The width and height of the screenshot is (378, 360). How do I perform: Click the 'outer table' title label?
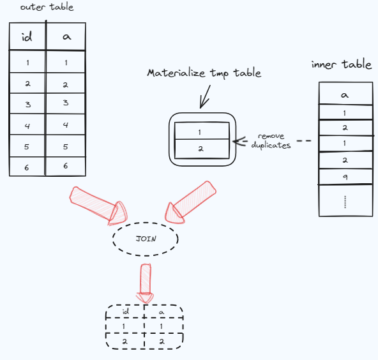47,7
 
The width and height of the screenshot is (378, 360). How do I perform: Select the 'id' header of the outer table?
27,38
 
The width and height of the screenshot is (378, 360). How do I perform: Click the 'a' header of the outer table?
66,38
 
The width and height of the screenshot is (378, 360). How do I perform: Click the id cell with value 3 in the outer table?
27,103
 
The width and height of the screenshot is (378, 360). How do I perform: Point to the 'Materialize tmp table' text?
204,73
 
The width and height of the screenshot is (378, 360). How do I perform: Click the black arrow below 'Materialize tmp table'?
206,98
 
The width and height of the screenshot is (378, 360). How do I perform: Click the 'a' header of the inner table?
344,95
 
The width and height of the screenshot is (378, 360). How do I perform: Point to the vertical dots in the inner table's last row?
344,202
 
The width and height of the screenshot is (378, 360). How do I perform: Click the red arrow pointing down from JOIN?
146,282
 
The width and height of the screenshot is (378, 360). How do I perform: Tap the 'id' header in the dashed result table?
125,312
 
